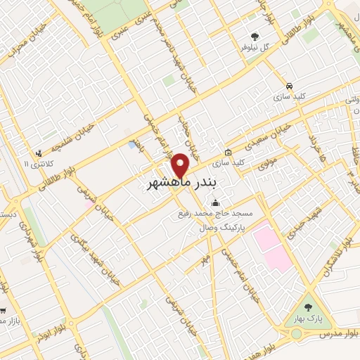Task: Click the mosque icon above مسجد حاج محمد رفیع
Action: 214,204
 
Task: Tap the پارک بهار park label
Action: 307,319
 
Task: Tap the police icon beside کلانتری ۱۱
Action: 39,152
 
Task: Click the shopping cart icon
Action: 5,310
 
